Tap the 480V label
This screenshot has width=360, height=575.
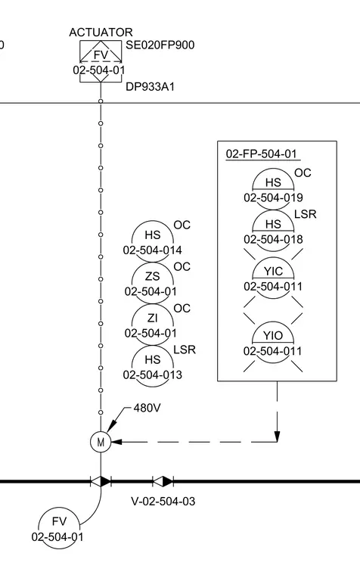[147, 408]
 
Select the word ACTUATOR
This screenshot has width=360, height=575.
[101, 33]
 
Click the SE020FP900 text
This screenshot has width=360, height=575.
[160, 45]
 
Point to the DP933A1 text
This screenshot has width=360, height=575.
[150, 87]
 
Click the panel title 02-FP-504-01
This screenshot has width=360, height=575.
[262, 154]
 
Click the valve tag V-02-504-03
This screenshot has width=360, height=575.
[163, 502]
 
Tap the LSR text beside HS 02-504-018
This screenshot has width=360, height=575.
[305, 214]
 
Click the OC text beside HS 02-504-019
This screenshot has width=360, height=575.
[303, 172]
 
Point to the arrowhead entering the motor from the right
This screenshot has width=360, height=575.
[116, 442]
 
